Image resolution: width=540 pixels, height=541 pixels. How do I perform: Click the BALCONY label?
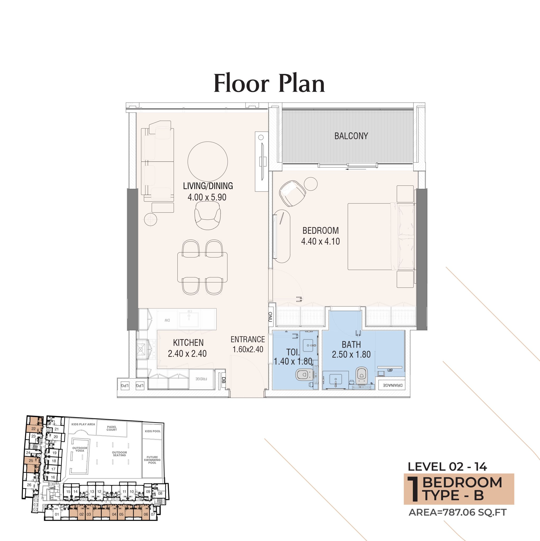click(351, 136)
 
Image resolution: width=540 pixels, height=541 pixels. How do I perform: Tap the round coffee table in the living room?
click(207, 161)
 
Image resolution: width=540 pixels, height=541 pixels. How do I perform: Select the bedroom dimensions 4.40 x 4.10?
click(320, 241)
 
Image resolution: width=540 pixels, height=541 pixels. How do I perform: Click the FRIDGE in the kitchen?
click(201, 379)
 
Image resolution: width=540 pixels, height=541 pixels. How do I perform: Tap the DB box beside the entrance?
click(223, 380)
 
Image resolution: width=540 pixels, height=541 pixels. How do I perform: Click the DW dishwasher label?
click(167, 320)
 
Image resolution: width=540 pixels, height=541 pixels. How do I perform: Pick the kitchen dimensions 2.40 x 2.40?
click(187, 354)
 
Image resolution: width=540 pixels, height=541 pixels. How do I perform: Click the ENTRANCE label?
click(248, 339)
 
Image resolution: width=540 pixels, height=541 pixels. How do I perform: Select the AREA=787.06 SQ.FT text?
click(458, 512)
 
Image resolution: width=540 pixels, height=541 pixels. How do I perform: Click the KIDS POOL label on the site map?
click(153, 431)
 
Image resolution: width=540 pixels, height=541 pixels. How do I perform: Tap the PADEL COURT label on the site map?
click(112, 428)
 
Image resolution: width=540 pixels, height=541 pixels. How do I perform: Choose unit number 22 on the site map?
click(34, 429)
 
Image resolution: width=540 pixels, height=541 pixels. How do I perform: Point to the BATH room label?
click(351, 344)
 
